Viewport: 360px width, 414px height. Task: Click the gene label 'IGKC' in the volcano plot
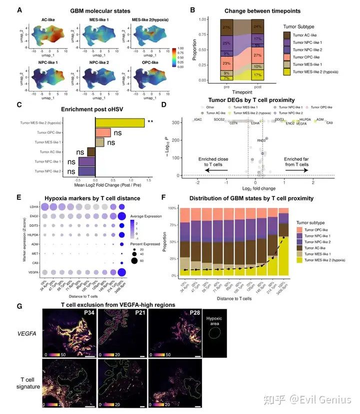click(x=198, y=120)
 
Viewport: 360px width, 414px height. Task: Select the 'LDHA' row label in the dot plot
click(x=34, y=207)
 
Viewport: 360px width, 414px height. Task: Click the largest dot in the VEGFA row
click(x=121, y=272)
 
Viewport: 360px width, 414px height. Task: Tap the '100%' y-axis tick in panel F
click(x=170, y=207)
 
